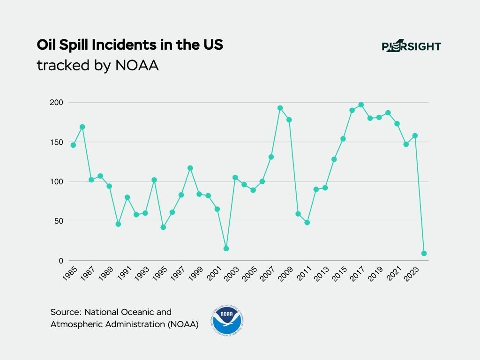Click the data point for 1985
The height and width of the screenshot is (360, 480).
[73, 145]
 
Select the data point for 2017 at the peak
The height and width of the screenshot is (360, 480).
[361, 105]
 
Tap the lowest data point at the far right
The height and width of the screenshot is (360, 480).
[424, 253]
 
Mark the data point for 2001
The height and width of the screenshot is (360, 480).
[217, 209]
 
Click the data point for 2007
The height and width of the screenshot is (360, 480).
[271, 157]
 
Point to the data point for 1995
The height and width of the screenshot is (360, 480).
[163, 227]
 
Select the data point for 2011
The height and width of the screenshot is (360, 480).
[307, 222]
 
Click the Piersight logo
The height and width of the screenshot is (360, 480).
[411, 46]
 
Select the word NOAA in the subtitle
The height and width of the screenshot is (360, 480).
[137, 66]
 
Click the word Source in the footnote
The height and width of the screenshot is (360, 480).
[65, 312]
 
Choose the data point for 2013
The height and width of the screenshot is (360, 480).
[325, 187]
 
